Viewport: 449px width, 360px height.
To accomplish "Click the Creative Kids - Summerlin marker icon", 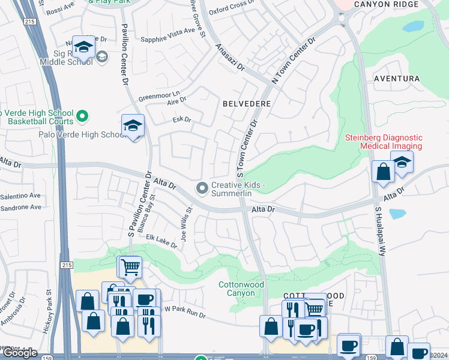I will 202,189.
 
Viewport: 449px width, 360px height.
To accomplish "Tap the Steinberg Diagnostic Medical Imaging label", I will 392,142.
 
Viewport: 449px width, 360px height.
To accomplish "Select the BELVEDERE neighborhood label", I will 247,104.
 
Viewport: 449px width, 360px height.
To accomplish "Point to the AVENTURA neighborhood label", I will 396,79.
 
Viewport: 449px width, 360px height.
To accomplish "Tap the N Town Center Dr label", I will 294,62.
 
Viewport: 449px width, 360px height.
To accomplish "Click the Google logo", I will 20,353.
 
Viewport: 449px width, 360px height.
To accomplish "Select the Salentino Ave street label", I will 20,196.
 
